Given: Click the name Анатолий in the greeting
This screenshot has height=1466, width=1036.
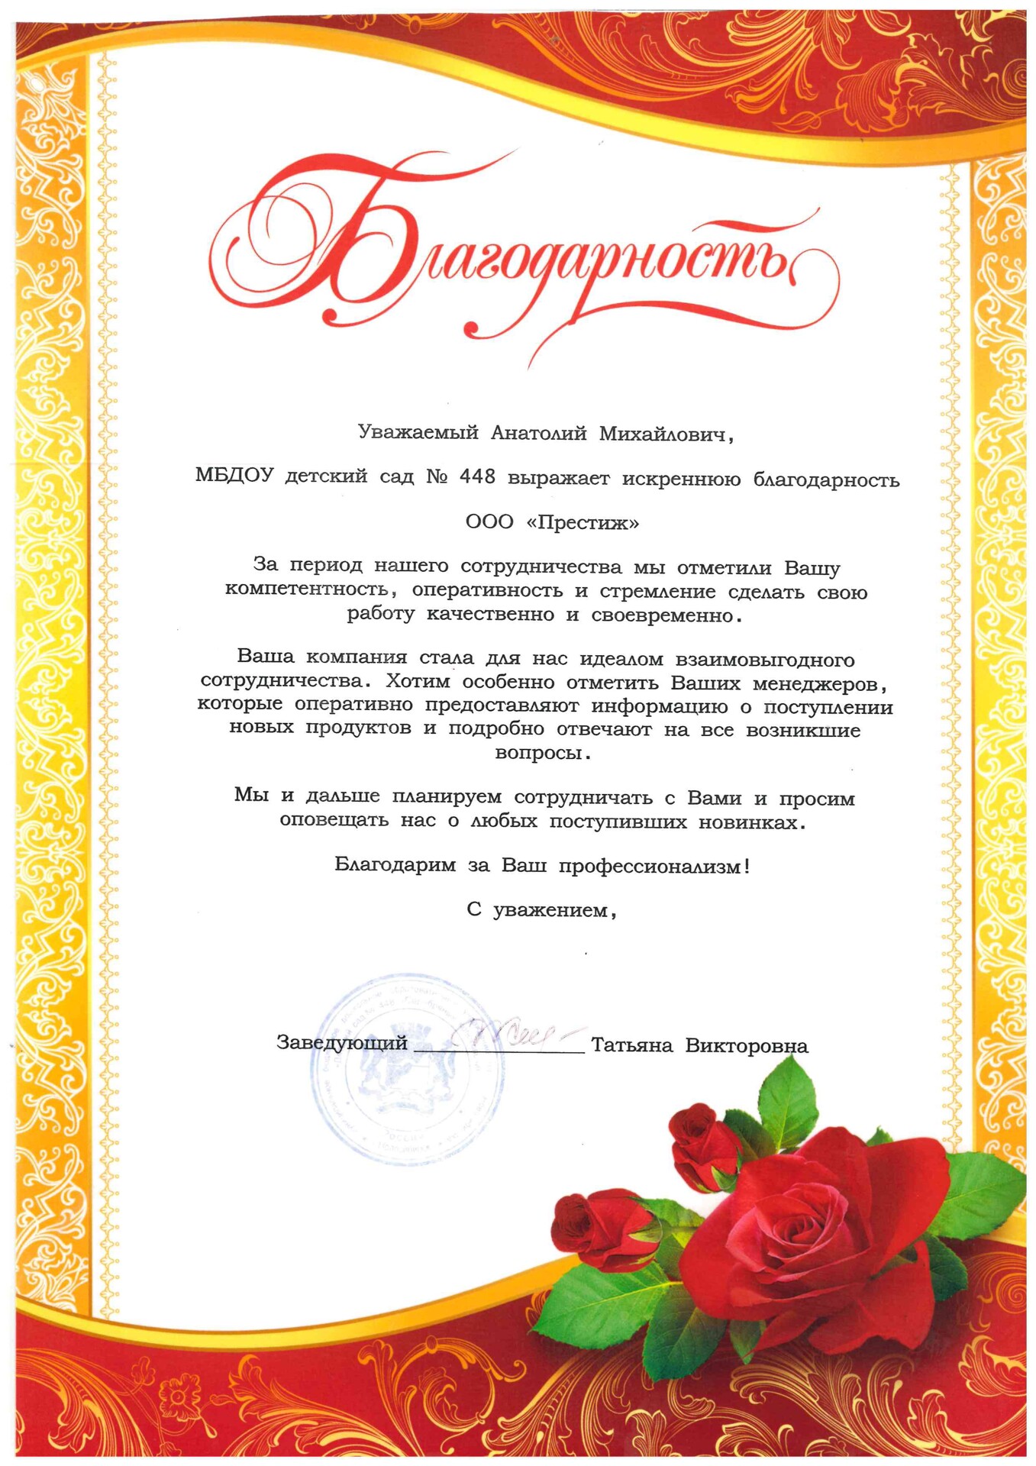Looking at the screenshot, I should (538, 434).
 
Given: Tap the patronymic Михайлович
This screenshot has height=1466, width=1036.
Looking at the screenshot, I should (661, 434).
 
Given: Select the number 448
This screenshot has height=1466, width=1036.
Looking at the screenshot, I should (477, 477).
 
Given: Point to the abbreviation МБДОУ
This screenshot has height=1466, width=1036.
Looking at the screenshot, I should (234, 476).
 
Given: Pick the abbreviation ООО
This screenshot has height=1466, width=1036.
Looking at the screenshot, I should (489, 522).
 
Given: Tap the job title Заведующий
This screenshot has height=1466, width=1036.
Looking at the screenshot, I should (341, 1043).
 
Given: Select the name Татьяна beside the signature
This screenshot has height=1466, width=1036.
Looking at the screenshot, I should (631, 1045).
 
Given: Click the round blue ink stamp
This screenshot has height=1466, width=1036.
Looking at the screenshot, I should (406, 1069).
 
